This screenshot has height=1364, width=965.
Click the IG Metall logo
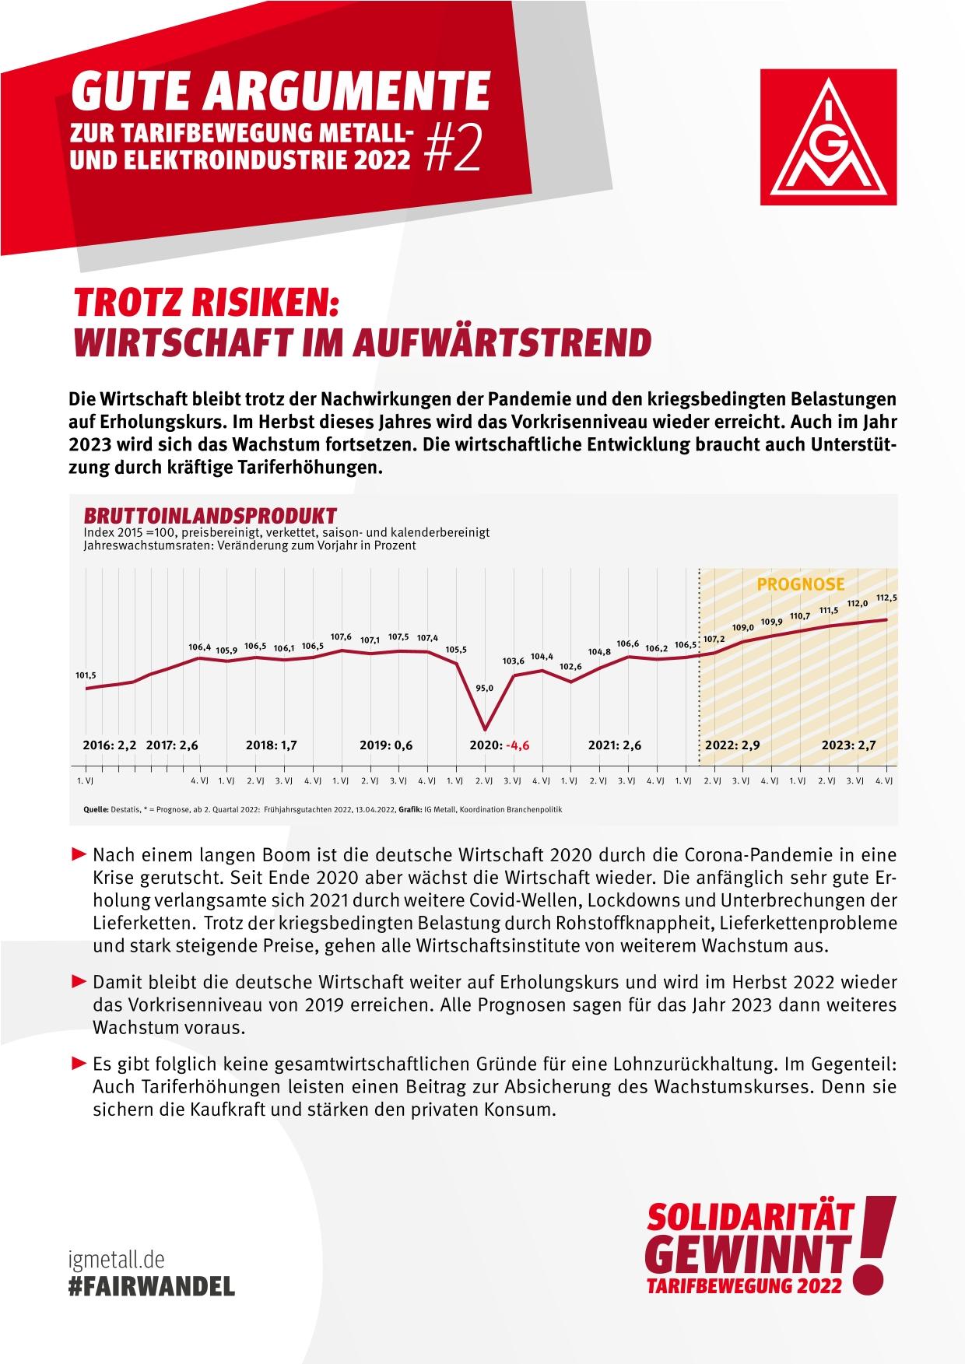(829, 138)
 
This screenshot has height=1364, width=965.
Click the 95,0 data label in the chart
(485, 688)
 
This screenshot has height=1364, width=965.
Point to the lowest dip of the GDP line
(485, 729)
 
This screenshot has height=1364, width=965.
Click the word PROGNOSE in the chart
(801, 584)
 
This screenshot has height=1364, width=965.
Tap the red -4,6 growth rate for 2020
(518, 745)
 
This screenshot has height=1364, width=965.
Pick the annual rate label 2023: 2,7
(849, 745)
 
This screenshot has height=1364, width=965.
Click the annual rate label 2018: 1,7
(271, 745)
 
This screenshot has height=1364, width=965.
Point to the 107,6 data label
(341, 636)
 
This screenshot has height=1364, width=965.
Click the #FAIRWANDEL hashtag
(151, 1286)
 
